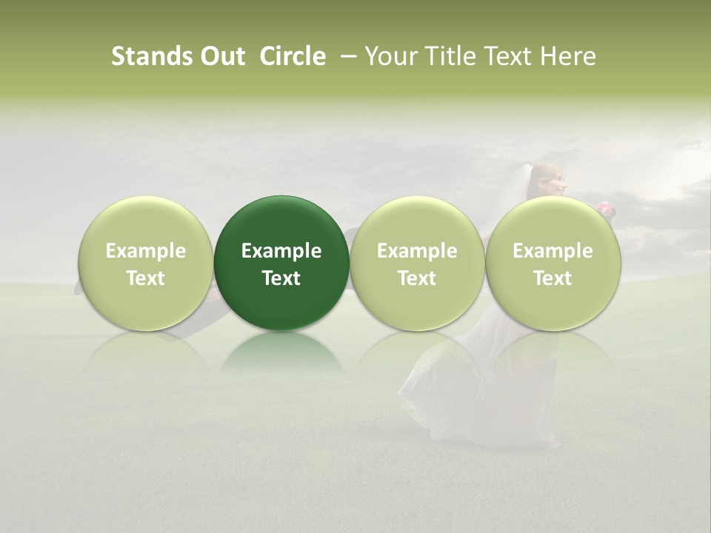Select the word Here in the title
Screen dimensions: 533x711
pyautogui.click(x=569, y=56)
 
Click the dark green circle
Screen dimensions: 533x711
pyautogui.click(x=281, y=222)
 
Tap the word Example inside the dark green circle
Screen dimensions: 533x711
pyautogui.click(x=281, y=251)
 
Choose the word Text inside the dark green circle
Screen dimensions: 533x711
pyautogui.click(x=281, y=278)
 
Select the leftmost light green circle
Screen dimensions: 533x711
pyautogui.click(x=146, y=222)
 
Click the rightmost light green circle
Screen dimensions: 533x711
pyautogui.click(x=553, y=222)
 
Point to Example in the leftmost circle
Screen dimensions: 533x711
pyautogui.click(x=146, y=251)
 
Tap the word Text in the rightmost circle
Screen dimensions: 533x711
pyautogui.click(x=553, y=278)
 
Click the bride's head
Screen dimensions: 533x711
pyautogui.click(x=549, y=179)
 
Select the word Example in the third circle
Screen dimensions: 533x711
pyautogui.click(x=417, y=251)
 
